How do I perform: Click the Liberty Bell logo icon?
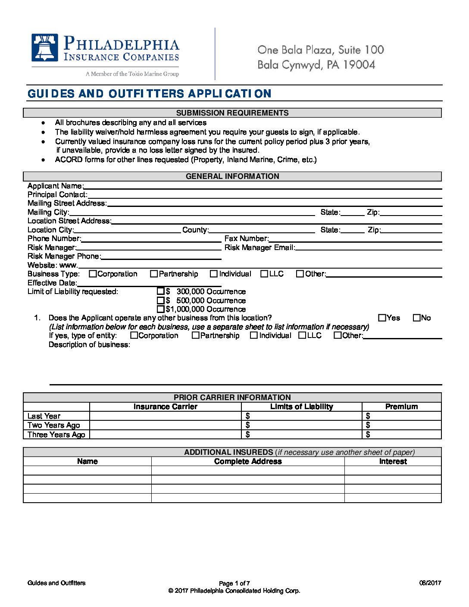(44, 48)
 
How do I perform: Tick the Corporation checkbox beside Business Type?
(93, 274)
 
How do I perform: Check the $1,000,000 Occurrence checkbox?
(161, 309)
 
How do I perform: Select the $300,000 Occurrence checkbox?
(161, 291)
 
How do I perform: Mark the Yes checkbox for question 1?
(382, 318)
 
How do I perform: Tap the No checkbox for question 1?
(416, 318)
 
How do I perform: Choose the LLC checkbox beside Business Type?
(264, 274)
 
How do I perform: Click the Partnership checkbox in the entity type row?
(195, 335)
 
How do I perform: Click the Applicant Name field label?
(55, 186)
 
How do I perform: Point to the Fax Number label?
(246, 238)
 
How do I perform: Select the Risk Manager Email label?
(260, 247)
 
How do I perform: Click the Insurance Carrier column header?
(165, 407)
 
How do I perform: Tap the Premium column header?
(401, 407)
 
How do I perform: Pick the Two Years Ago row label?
(54, 425)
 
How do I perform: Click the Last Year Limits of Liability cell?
(302, 416)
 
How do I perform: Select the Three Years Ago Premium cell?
(402, 435)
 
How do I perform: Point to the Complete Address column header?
(248, 461)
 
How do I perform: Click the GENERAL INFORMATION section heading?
(232, 176)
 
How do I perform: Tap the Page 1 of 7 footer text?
(234, 583)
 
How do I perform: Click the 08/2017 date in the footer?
(430, 583)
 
